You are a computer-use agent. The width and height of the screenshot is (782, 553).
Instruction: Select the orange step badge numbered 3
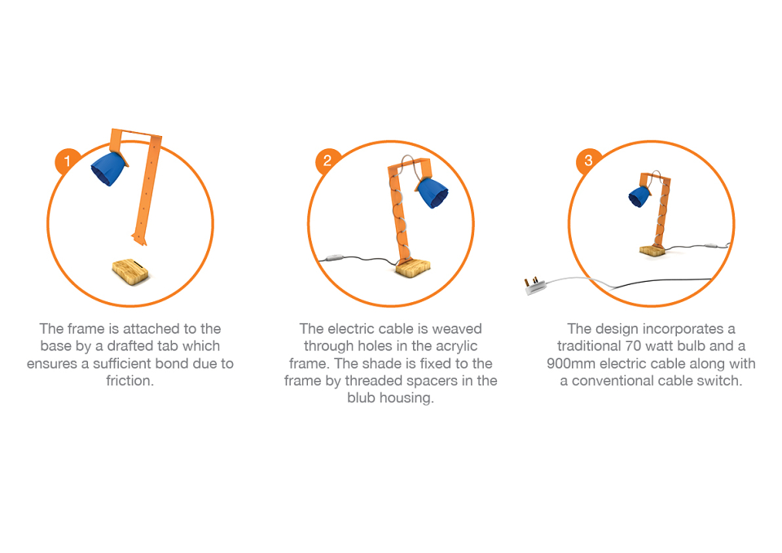(587, 160)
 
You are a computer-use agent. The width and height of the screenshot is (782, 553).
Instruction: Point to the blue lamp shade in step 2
(432, 192)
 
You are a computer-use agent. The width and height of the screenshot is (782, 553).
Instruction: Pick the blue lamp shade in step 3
(640, 196)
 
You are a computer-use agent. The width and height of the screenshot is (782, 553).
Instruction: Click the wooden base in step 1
(130, 272)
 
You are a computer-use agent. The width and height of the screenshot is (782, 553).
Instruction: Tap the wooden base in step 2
(413, 268)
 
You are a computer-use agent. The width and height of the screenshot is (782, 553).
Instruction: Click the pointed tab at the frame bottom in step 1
(139, 239)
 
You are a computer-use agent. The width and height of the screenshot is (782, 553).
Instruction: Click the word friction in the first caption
(130, 380)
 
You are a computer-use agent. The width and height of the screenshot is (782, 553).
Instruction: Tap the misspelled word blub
(361, 397)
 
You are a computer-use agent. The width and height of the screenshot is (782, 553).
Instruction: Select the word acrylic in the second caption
(457, 346)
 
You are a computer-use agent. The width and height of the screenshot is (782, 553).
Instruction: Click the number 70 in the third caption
(633, 346)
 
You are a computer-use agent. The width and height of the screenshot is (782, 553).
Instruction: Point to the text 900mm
(571, 363)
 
